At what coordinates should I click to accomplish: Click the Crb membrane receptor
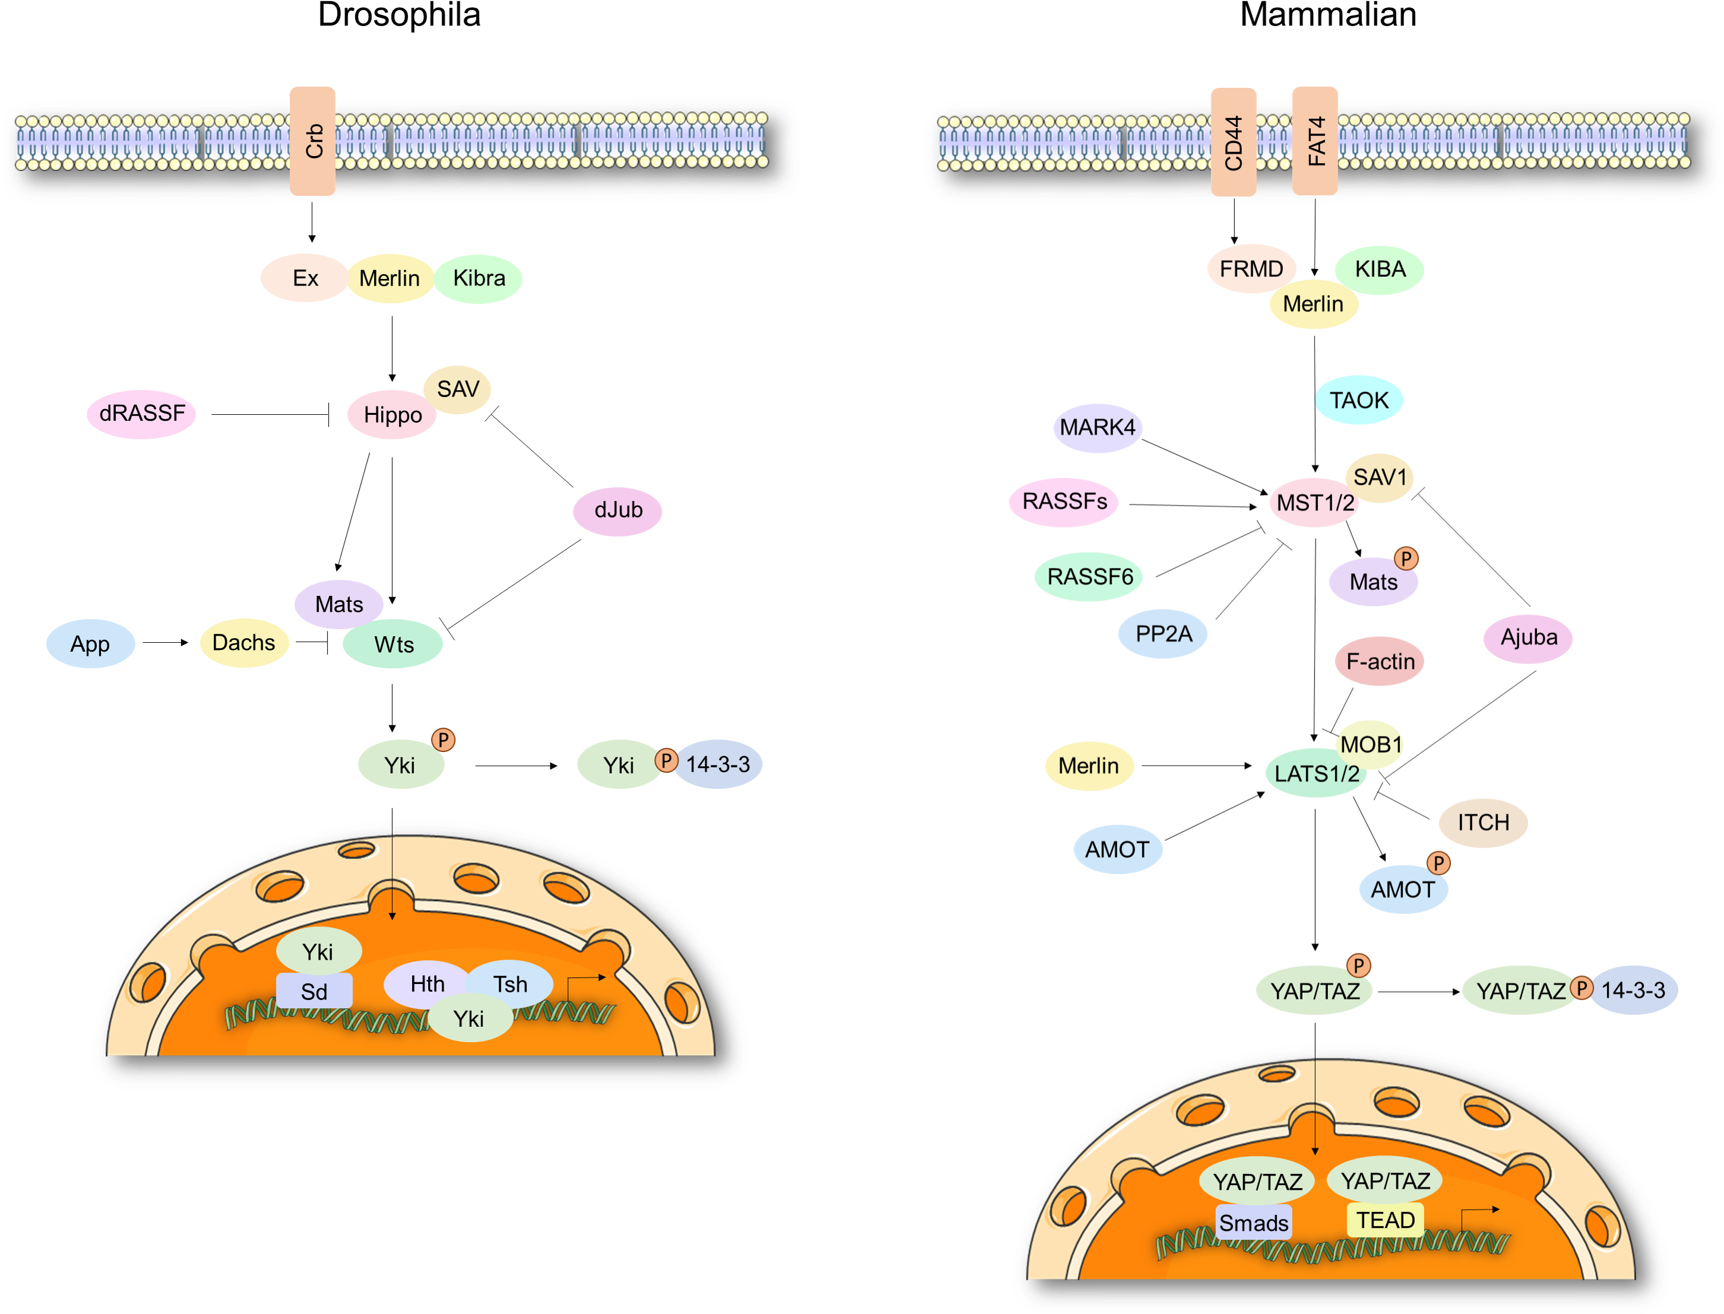tap(312, 141)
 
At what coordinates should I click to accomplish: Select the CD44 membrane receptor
tap(1233, 142)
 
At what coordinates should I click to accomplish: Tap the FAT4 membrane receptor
tap(1314, 141)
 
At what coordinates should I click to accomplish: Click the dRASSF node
tap(141, 413)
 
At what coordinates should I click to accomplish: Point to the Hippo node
tap(392, 414)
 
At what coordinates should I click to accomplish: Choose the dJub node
tap(617, 511)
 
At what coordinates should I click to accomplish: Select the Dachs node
tap(244, 643)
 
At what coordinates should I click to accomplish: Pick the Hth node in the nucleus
tap(427, 984)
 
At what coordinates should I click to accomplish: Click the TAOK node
tap(1359, 401)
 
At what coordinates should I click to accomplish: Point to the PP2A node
tap(1162, 633)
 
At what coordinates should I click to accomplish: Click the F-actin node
tap(1380, 662)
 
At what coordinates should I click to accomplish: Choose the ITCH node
tap(1483, 823)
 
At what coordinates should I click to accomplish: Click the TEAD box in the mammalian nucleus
tap(1384, 1220)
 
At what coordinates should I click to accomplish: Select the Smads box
tap(1253, 1223)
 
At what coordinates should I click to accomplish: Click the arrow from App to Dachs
tap(165, 643)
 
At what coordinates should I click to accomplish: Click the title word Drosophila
tap(399, 14)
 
